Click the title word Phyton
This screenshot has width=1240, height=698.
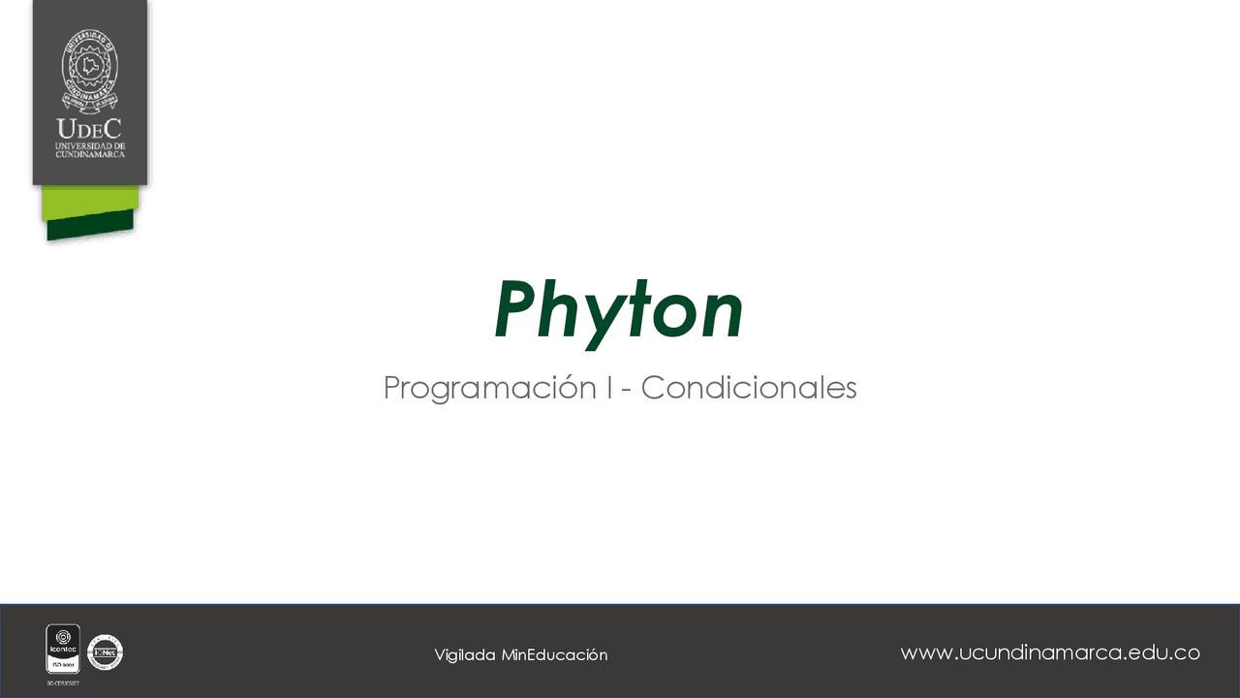(618, 310)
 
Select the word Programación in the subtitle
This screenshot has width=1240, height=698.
(490, 388)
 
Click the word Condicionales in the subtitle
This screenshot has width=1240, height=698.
(748, 388)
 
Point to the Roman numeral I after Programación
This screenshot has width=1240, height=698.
(609, 388)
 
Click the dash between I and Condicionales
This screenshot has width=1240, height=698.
(627, 390)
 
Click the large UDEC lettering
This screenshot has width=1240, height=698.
(89, 129)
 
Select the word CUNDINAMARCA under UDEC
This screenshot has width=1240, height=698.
(89, 153)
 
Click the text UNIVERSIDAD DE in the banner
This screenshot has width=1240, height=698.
(89, 145)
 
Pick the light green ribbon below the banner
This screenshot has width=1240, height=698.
(90, 202)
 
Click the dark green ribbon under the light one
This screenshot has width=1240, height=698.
(89, 225)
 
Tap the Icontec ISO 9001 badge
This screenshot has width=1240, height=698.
(63, 649)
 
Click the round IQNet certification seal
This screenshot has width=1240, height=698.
(105, 652)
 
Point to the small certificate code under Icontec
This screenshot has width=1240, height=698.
(63, 682)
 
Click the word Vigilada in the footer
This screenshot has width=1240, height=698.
(465, 655)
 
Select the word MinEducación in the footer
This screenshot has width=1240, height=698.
(554, 655)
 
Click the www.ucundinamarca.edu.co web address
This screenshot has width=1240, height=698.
(1050, 652)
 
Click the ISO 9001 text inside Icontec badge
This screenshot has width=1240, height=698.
(63, 667)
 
